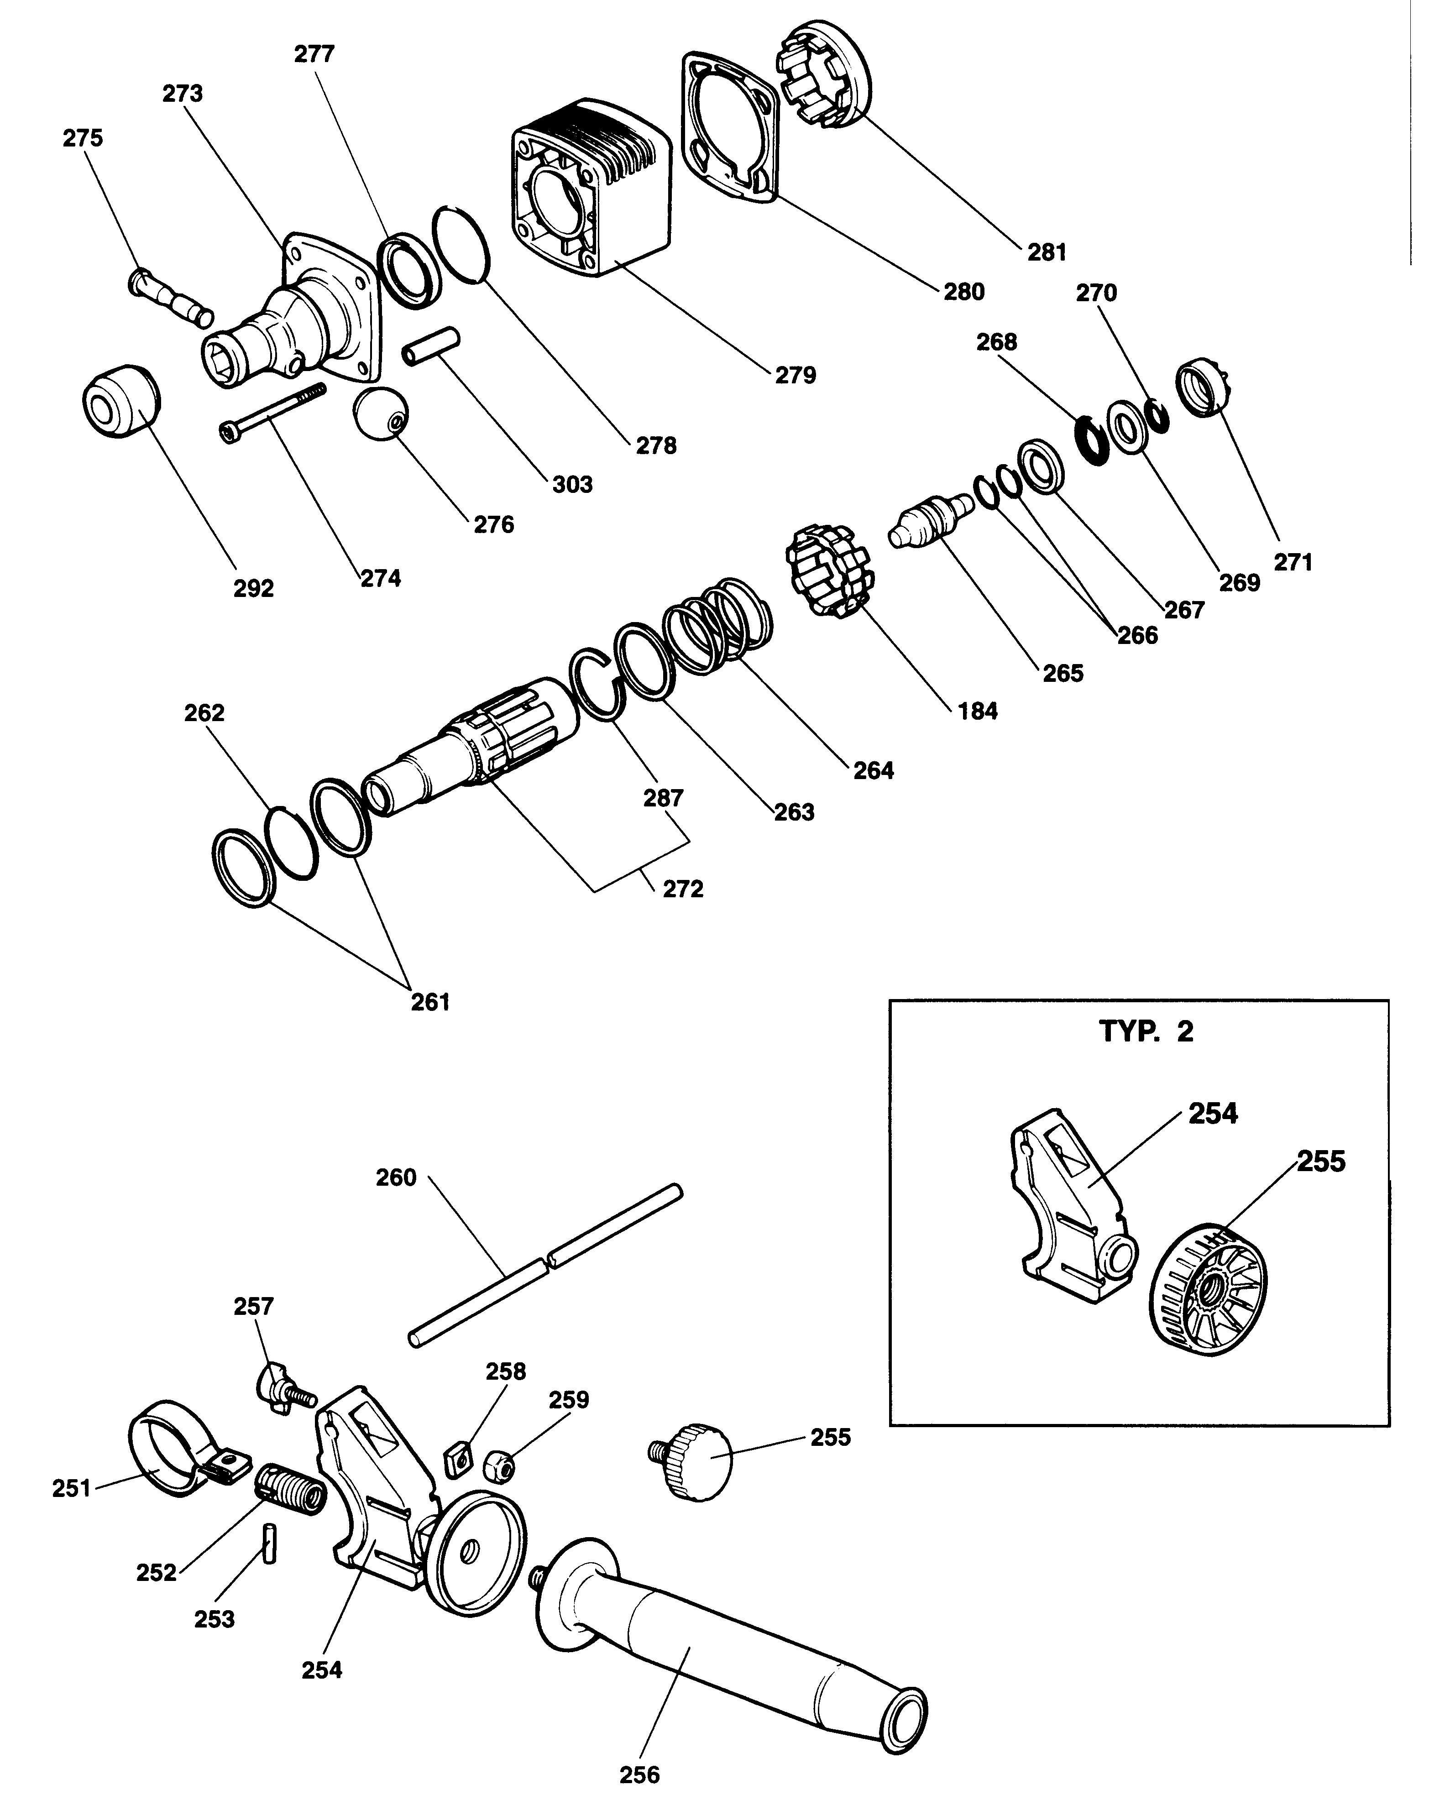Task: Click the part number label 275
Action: click(83, 138)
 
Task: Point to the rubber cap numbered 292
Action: click(120, 401)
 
